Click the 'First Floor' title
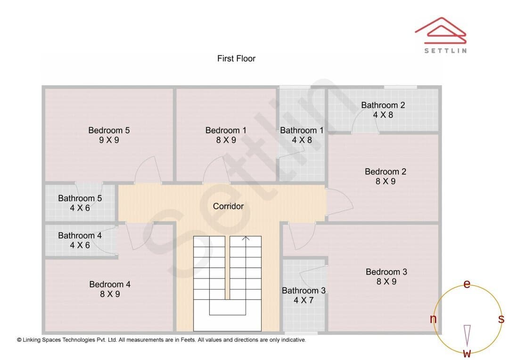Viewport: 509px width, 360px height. point(236,58)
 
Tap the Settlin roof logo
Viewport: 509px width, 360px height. point(441,31)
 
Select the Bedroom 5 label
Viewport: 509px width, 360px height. point(109,130)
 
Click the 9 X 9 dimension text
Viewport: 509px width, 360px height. point(109,140)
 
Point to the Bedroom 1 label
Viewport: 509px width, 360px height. point(226,130)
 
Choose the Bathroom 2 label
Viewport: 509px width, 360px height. point(383,105)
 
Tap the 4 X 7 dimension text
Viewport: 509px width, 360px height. point(304,300)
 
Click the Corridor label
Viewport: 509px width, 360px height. point(228,206)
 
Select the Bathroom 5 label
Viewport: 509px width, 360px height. point(80,198)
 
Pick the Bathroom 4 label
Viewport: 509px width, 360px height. point(80,235)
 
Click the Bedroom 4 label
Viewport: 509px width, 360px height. point(110,284)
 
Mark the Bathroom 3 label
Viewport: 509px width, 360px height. point(304,291)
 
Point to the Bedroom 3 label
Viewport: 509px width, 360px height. point(386,272)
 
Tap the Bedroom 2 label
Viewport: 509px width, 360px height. point(386,172)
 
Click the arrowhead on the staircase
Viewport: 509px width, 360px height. point(246,238)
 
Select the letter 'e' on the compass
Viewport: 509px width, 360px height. point(467,284)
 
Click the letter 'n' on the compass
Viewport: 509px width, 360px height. point(433,319)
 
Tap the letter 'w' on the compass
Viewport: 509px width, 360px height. point(467,353)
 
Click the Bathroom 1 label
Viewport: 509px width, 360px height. point(302,130)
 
